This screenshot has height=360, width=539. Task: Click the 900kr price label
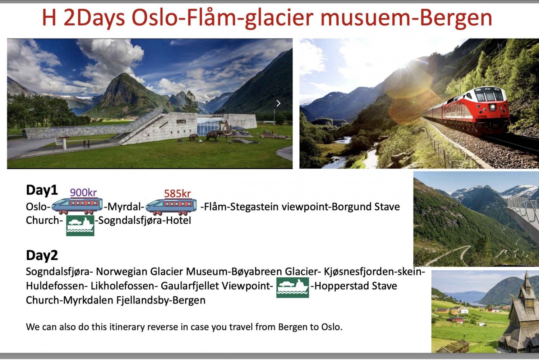(83, 193)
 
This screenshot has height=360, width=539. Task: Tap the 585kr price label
(178, 193)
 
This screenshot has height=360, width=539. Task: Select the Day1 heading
(42, 190)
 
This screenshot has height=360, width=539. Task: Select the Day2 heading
(42, 255)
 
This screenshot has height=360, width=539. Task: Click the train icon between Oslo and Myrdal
(77, 206)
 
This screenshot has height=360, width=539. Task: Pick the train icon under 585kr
(171, 207)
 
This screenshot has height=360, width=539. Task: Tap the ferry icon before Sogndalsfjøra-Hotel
(80, 225)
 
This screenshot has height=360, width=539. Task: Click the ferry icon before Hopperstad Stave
(292, 287)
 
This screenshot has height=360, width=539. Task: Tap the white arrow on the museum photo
(278, 103)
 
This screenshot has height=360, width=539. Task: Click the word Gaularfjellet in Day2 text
(190, 286)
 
